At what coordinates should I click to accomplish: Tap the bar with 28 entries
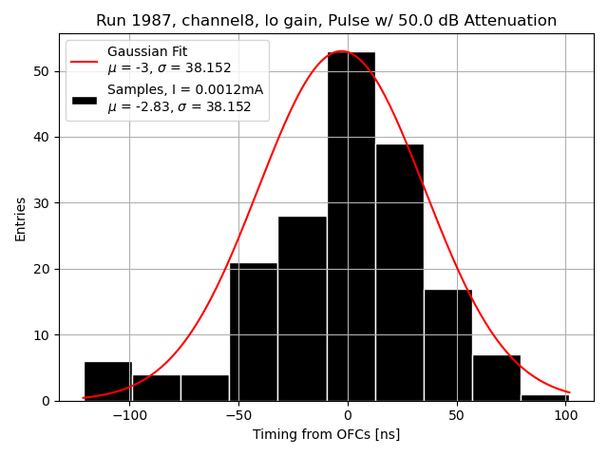point(302,309)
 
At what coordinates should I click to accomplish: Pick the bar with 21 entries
point(254,332)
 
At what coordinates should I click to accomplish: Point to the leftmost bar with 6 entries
point(107,381)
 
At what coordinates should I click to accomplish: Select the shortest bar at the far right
point(544,397)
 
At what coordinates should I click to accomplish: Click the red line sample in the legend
point(84,60)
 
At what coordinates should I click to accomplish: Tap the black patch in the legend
point(84,99)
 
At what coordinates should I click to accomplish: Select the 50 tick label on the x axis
point(456,415)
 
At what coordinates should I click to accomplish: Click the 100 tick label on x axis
point(565,415)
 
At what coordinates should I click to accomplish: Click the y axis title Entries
point(21,218)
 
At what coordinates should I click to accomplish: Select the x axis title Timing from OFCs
point(326,434)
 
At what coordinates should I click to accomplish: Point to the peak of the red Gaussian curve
point(341,51)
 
